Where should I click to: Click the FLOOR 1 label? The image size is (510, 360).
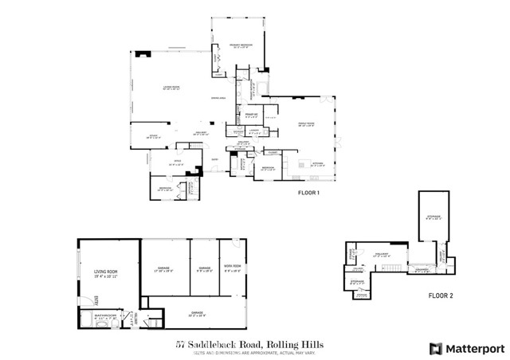point(308,193)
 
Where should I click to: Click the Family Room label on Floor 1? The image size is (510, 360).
point(307,123)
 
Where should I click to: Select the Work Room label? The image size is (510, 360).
point(233,268)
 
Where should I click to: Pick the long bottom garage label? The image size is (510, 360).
point(195,314)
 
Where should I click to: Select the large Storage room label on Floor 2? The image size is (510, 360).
point(433,217)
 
